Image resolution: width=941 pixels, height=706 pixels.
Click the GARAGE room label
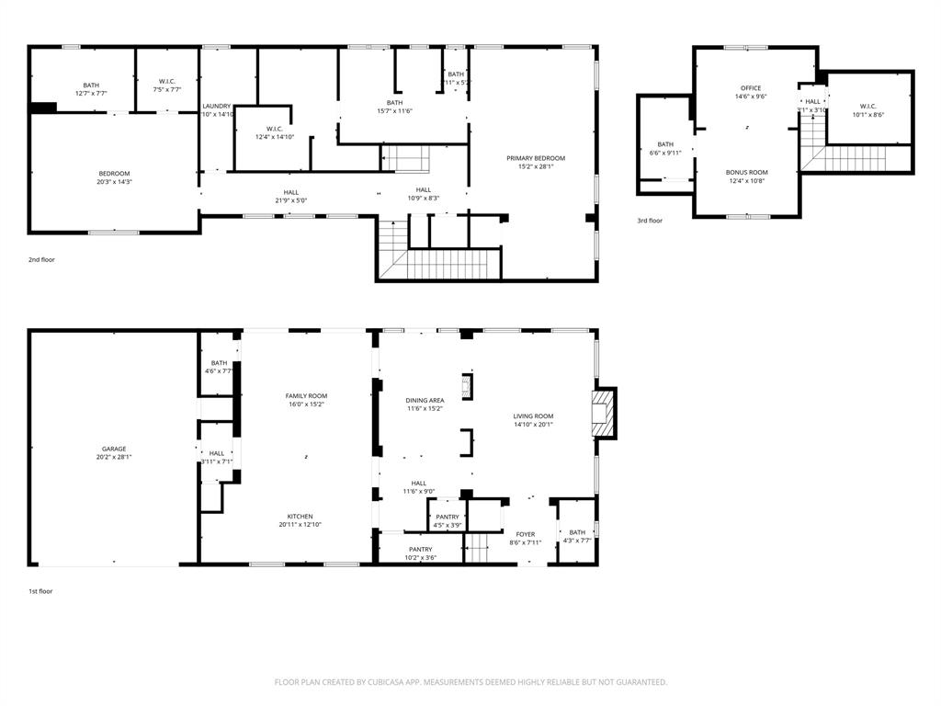click(114, 449)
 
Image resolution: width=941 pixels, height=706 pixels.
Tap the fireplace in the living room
click(603, 415)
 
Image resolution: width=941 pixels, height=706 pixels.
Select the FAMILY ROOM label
click(306, 395)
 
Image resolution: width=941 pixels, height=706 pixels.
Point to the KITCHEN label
click(300, 516)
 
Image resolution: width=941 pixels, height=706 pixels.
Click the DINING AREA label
click(425, 400)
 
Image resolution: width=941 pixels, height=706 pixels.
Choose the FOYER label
click(525, 533)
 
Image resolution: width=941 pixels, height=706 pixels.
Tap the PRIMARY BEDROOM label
click(536, 158)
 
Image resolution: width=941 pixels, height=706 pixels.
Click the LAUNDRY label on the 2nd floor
click(217, 106)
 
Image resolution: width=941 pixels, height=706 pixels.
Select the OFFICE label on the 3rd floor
click(751, 88)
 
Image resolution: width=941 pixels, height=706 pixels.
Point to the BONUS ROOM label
click(746, 172)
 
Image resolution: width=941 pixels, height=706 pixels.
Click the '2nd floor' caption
click(41, 260)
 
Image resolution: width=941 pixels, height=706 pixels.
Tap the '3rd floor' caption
click(650, 221)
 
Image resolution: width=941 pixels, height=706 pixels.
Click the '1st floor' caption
click(40, 591)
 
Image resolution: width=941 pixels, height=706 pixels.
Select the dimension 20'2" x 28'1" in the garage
click(114, 457)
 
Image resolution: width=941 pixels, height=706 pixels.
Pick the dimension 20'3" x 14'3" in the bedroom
click(115, 182)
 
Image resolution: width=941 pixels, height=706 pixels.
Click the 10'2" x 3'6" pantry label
click(421, 557)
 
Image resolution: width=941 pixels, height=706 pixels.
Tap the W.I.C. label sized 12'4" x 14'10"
click(273, 137)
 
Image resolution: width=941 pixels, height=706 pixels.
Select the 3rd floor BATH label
click(665, 144)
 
